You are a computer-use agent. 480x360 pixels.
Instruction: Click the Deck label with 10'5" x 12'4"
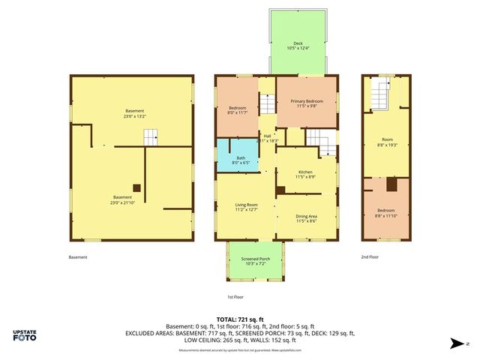298,46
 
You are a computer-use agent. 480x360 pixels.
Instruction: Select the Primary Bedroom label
307,103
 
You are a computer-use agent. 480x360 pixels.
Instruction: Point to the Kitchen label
305,174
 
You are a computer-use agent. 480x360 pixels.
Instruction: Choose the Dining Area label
306,218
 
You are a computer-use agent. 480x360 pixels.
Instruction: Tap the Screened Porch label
256,262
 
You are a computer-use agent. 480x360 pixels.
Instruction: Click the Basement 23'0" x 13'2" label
134,114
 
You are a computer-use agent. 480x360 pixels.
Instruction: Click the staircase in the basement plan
152,136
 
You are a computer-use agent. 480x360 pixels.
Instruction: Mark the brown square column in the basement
136,188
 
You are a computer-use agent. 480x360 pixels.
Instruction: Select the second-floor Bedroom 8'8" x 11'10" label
387,212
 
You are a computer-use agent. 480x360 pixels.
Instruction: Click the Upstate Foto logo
25,335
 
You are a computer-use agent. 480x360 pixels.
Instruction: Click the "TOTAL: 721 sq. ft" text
239,319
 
